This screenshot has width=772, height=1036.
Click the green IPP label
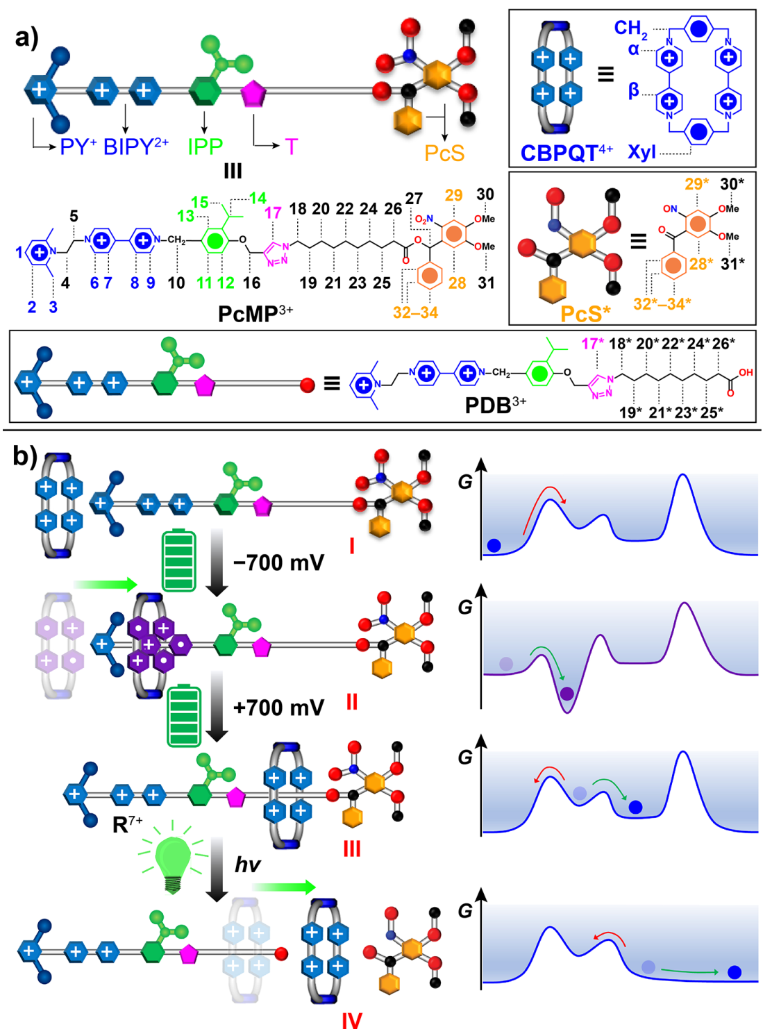(205, 147)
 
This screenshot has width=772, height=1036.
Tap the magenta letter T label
(291, 147)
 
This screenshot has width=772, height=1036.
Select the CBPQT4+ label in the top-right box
(566, 152)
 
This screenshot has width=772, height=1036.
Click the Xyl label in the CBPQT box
(641, 151)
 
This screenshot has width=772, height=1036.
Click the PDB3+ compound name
(495, 405)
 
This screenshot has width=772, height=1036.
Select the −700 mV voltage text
(278, 562)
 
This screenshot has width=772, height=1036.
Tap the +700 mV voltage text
(278, 708)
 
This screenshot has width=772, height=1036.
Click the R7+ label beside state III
(127, 824)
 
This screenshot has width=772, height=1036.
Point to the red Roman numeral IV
(351, 1020)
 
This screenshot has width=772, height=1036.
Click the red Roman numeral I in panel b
(351, 546)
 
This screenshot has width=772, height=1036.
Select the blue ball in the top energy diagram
(494, 545)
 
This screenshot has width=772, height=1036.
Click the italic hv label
(247, 864)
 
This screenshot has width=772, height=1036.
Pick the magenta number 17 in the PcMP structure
(273, 212)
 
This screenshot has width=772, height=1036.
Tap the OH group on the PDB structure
(746, 373)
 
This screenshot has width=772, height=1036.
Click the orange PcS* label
(585, 314)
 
